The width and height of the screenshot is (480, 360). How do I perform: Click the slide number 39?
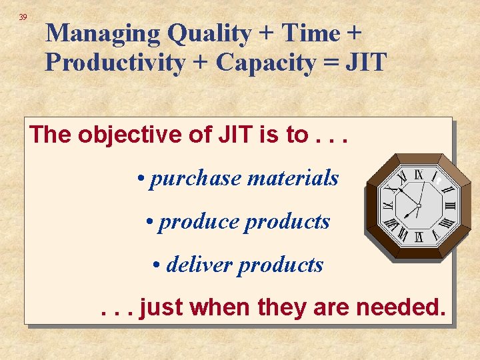tap(23, 17)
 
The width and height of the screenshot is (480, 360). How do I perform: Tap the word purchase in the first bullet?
tap(196, 179)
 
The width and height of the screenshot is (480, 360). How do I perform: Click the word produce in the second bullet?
tap(199, 222)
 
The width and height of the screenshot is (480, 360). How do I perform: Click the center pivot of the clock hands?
tap(419, 205)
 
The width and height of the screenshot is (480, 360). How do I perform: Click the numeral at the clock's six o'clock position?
tap(419, 237)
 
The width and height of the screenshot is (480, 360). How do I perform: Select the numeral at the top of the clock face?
tap(419, 175)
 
